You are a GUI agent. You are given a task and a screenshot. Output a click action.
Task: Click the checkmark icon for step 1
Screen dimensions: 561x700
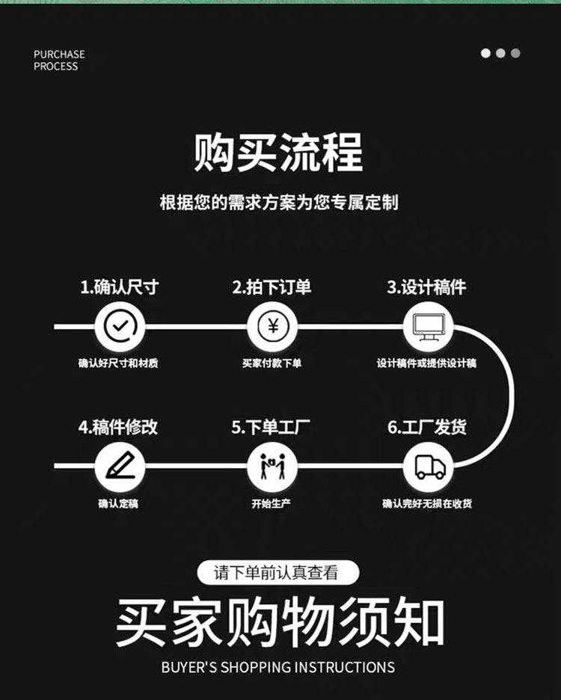click(x=120, y=327)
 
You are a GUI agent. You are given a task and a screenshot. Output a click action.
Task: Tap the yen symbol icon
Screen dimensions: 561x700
click(x=272, y=327)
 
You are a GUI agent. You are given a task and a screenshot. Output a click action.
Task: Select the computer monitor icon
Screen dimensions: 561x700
click(x=428, y=327)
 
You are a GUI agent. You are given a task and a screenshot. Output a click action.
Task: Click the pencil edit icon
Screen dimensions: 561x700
click(x=120, y=467)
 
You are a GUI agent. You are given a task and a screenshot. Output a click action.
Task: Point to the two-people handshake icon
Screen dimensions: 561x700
click(x=272, y=467)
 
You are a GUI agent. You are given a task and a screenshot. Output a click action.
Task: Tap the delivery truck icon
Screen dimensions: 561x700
click(x=429, y=467)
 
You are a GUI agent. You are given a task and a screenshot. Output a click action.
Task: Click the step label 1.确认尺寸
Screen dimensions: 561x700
click(x=120, y=287)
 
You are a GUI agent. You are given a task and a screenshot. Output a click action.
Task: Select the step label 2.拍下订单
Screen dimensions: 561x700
click(x=272, y=287)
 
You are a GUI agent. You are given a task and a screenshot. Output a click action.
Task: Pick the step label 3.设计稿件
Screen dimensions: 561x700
click(x=426, y=287)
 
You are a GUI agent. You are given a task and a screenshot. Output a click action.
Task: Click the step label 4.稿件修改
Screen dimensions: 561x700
click(x=118, y=427)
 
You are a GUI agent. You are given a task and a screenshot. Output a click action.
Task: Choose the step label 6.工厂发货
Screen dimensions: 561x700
click(x=427, y=427)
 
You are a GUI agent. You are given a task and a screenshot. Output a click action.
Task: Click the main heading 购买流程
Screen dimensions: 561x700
click(x=278, y=153)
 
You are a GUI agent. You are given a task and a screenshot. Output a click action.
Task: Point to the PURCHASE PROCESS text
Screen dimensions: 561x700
click(x=59, y=60)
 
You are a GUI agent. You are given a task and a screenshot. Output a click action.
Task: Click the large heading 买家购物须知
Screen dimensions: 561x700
click(x=280, y=624)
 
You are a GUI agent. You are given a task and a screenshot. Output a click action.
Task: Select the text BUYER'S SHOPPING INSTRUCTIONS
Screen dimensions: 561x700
click(x=278, y=667)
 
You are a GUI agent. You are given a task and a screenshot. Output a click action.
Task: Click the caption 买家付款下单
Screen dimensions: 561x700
click(x=272, y=363)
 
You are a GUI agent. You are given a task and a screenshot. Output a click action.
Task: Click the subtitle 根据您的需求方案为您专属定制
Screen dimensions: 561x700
click(x=279, y=203)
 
